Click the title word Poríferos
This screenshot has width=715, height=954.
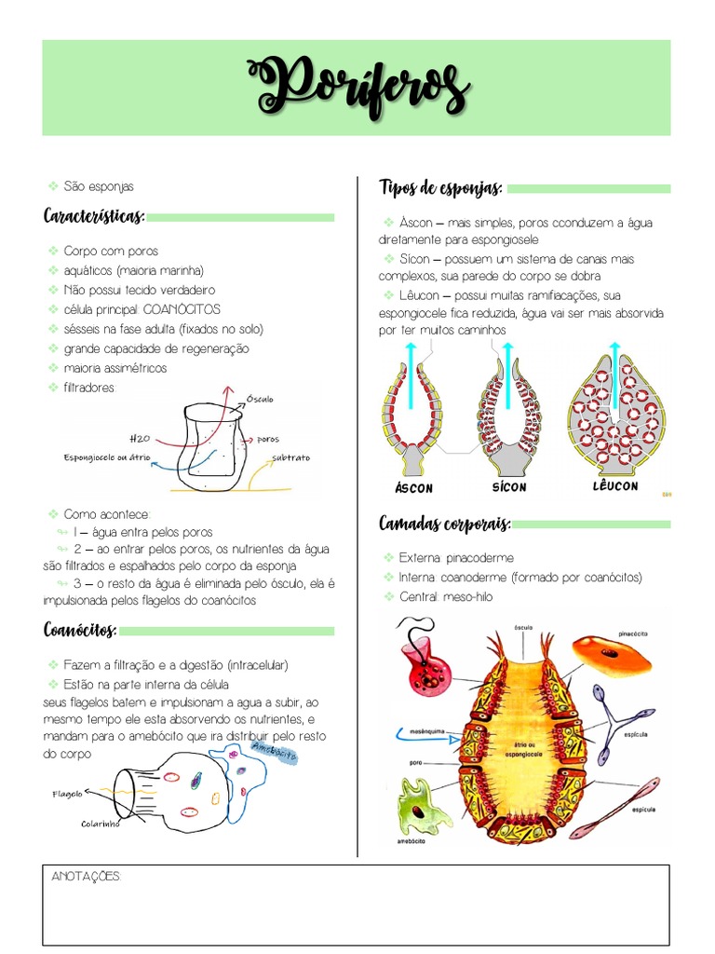point(357,87)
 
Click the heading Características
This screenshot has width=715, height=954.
point(94,217)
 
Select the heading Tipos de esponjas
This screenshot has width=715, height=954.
point(440,188)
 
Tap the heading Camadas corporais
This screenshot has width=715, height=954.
point(445,525)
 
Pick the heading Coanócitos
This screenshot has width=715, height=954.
point(80,631)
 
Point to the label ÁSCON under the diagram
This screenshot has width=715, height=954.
point(413,488)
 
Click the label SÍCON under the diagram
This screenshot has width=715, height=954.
point(509,487)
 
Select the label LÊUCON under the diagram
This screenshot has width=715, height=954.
point(615,486)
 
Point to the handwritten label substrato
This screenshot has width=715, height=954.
point(291,457)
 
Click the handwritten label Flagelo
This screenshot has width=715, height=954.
point(67,795)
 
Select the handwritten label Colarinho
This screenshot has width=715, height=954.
point(101,824)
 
